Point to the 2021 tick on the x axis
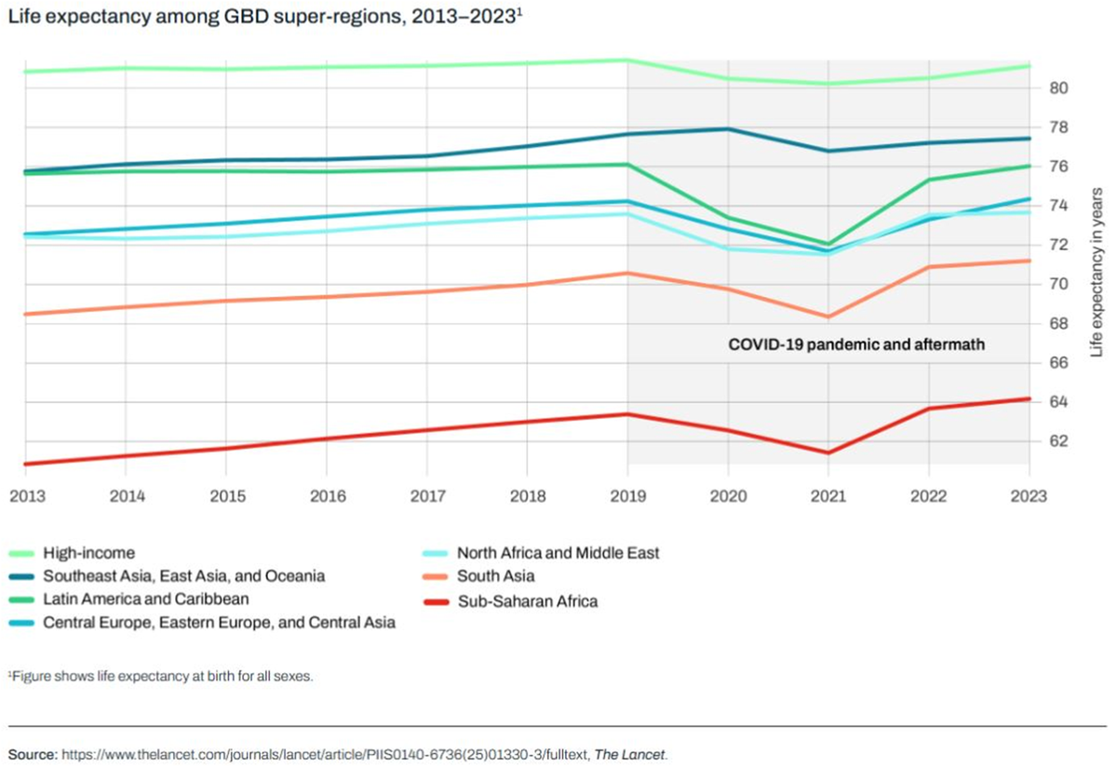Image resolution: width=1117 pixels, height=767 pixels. [x=828, y=497]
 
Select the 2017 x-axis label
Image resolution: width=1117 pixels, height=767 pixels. [x=427, y=497]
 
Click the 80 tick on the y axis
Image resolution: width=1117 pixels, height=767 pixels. [x=1059, y=88]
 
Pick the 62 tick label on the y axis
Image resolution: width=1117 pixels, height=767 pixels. [x=1059, y=441]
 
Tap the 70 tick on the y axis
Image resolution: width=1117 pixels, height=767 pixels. [x=1059, y=284]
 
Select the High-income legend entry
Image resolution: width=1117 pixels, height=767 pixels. [x=88, y=553]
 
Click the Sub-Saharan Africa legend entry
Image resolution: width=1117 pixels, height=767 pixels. [x=527, y=601]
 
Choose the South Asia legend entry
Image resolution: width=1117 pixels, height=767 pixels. [x=495, y=577]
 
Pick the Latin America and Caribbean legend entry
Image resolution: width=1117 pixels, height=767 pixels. [x=146, y=599]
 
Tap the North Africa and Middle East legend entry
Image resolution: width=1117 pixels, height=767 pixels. [x=558, y=553]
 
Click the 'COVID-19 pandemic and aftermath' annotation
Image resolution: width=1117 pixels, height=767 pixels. [x=855, y=344]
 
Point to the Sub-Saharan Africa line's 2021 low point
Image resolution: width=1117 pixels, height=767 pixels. [x=828, y=453]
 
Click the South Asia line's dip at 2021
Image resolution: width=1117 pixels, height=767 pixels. [x=828, y=316]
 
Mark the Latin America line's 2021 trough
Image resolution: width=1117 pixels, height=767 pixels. [x=828, y=244]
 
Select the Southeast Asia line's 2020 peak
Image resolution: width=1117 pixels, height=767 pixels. [x=728, y=129]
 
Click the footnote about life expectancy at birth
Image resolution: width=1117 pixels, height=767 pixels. [x=161, y=677]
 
